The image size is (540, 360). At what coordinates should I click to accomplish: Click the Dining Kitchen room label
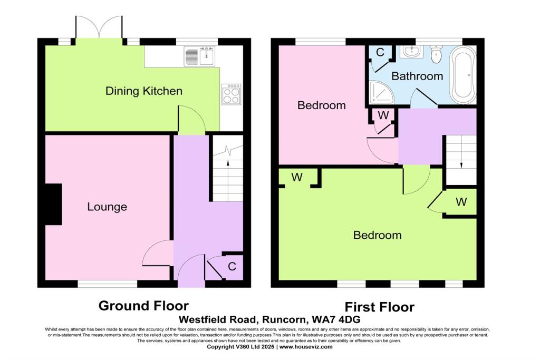144,91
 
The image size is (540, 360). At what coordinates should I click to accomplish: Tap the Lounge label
107,207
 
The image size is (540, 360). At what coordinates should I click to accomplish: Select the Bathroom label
417,76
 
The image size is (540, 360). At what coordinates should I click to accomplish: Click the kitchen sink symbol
200,56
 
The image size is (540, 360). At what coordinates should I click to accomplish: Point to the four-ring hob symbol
231,94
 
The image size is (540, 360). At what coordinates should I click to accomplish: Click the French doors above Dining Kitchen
99,27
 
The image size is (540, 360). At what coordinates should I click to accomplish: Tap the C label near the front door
232,267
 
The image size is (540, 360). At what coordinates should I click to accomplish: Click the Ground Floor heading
143,306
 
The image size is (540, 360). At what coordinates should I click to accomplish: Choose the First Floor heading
380,307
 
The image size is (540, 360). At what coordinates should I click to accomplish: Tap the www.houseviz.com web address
306,347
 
